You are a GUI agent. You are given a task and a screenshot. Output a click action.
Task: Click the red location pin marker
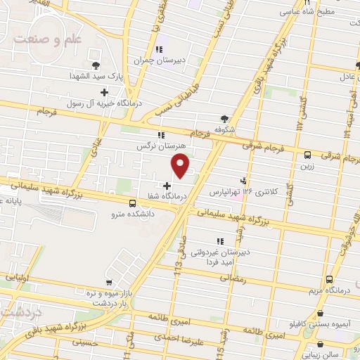click(181, 165)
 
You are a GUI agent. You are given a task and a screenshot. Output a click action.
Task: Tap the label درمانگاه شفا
click(167, 197)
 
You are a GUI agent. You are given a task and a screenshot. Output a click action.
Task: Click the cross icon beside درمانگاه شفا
click(167, 186)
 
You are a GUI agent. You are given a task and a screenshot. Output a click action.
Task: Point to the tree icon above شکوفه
click(224, 118)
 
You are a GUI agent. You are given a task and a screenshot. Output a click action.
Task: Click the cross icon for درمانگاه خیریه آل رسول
click(105, 91)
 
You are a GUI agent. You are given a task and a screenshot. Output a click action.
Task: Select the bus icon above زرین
click(307, 155)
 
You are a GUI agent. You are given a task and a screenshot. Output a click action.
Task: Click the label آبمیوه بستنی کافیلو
click(321, 324)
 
